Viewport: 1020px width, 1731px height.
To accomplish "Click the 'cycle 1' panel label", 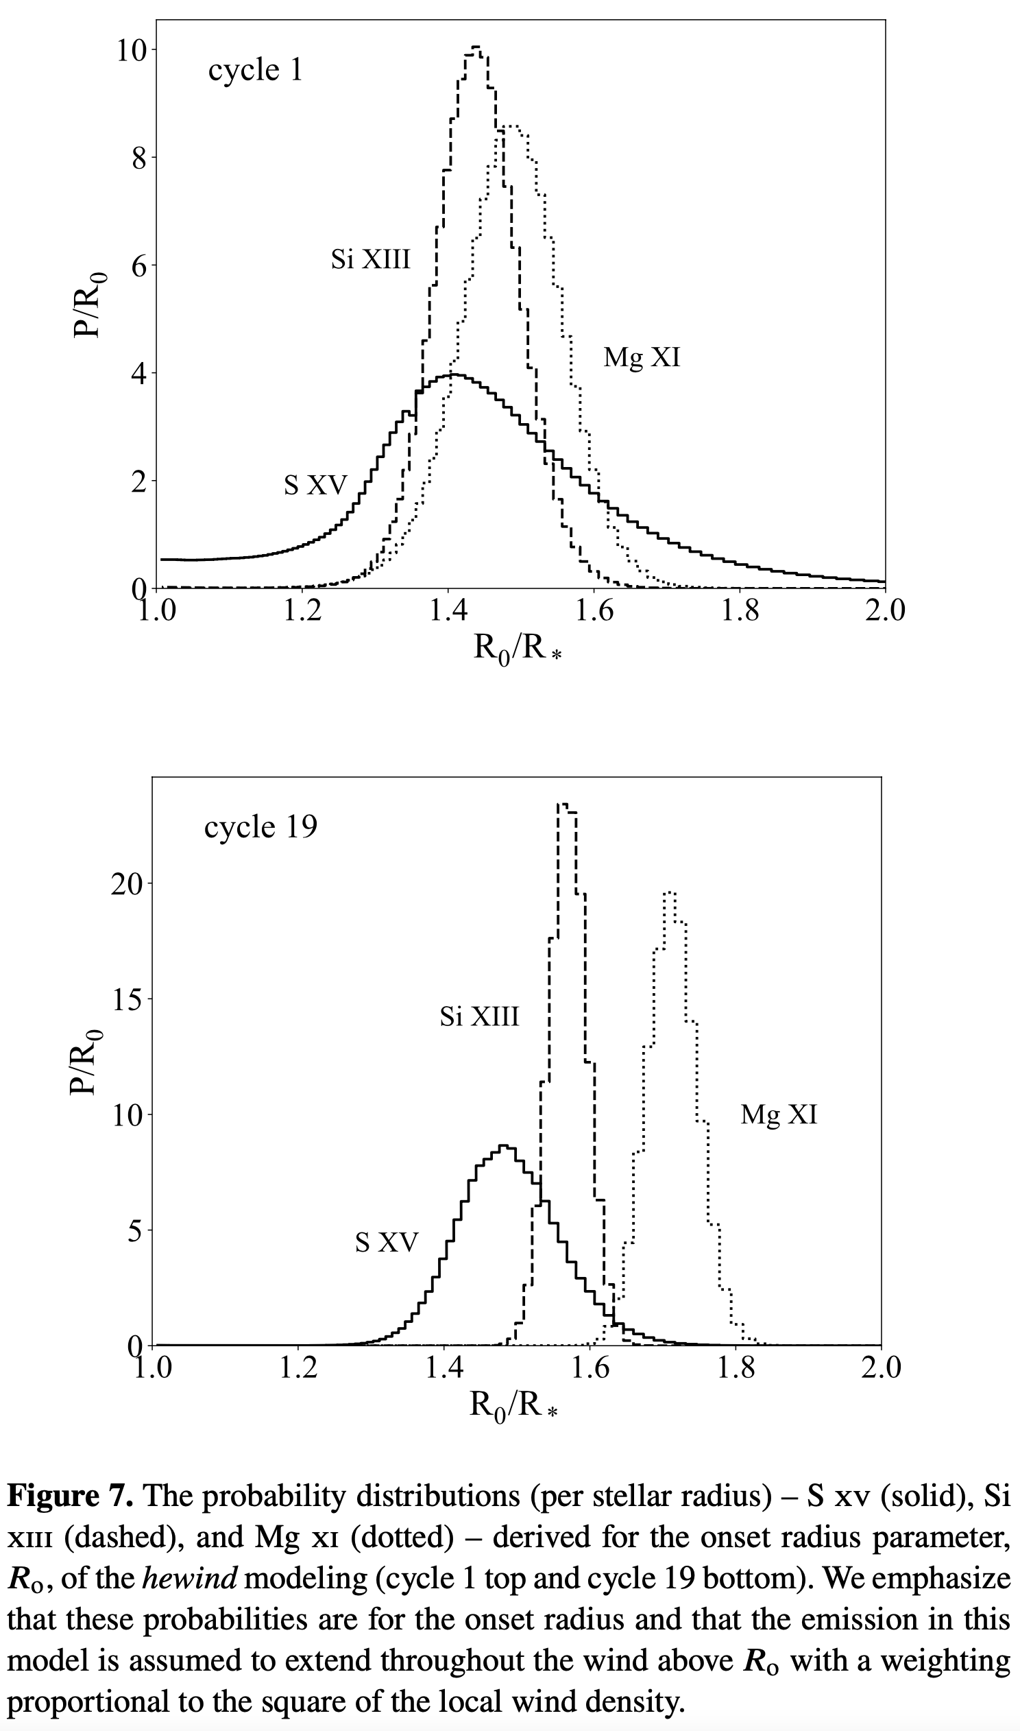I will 255,71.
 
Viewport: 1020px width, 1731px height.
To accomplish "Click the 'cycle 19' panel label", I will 260,827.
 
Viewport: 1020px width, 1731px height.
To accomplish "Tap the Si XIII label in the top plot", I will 370,260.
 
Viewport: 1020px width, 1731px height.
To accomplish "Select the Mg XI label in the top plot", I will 642,357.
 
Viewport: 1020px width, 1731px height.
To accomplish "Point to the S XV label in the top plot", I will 316,486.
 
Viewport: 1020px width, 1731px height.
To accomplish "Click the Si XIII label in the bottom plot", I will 479,1016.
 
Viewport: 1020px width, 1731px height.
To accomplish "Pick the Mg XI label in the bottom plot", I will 779,1114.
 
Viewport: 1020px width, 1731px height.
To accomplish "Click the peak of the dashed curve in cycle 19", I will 563,804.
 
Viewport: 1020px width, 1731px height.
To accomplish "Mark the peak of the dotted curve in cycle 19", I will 670,893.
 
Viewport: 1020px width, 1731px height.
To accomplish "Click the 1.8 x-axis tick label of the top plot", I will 740,610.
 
